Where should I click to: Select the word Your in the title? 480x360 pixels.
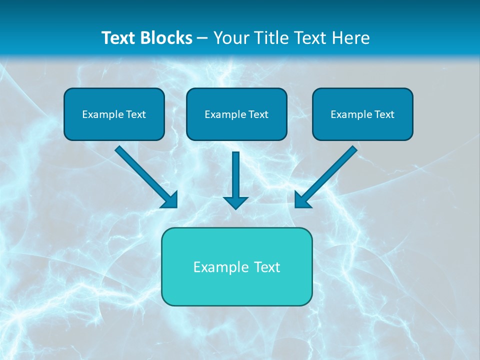point(230,38)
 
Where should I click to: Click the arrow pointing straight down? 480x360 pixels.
point(235,175)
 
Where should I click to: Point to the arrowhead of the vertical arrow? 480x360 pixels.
point(235,202)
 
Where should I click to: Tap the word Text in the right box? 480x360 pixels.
point(384,114)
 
